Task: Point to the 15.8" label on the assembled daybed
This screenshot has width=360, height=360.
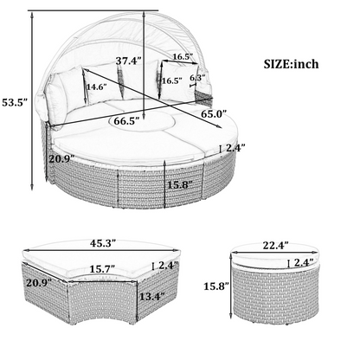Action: [x=178, y=184]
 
